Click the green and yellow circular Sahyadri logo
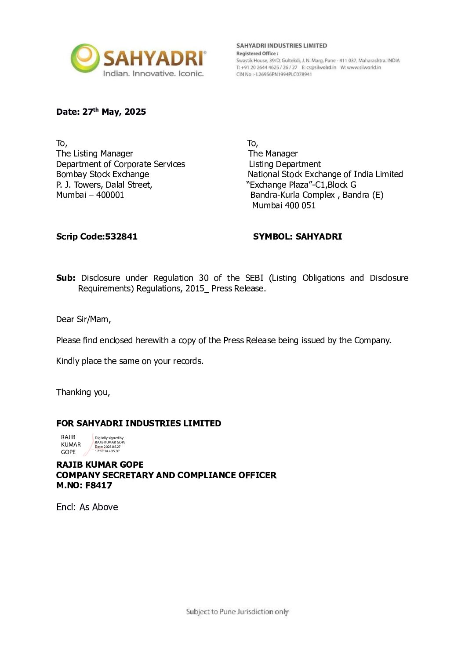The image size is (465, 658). pyautogui.click(x=85, y=58)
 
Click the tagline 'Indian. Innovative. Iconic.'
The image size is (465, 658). pyautogui.click(x=153, y=73)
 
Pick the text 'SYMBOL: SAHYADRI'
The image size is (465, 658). pyautogui.click(x=297, y=236)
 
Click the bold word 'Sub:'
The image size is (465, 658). pyautogui.click(x=65, y=278)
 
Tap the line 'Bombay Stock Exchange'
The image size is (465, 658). pyautogui.click(x=102, y=174)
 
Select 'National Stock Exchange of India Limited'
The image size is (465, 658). pyautogui.click(x=325, y=174)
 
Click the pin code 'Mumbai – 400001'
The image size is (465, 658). pyautogui.click(x=90, y=195)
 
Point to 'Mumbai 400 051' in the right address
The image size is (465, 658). pyautogui.click(x=283, y=205)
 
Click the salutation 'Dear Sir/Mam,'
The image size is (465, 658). pyautogui.click(x=84, y=319)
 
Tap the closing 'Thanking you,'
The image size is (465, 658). pyautogui.click(x=83, y=392)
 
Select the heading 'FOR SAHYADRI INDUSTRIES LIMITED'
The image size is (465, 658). pyautogui.click(x=138, y=423)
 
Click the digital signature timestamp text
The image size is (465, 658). pyautogui.click(x=108, y=449)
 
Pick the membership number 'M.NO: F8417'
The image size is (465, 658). pyautogui.click(x=84, y=485)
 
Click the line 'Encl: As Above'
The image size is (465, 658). pyautogui.click(x=87, y=507)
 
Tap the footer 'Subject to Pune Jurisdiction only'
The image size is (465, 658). pyautogui.click(x=237, y=611)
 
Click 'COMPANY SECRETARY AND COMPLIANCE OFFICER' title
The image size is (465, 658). pyautogui.click(x=166, y=475)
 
